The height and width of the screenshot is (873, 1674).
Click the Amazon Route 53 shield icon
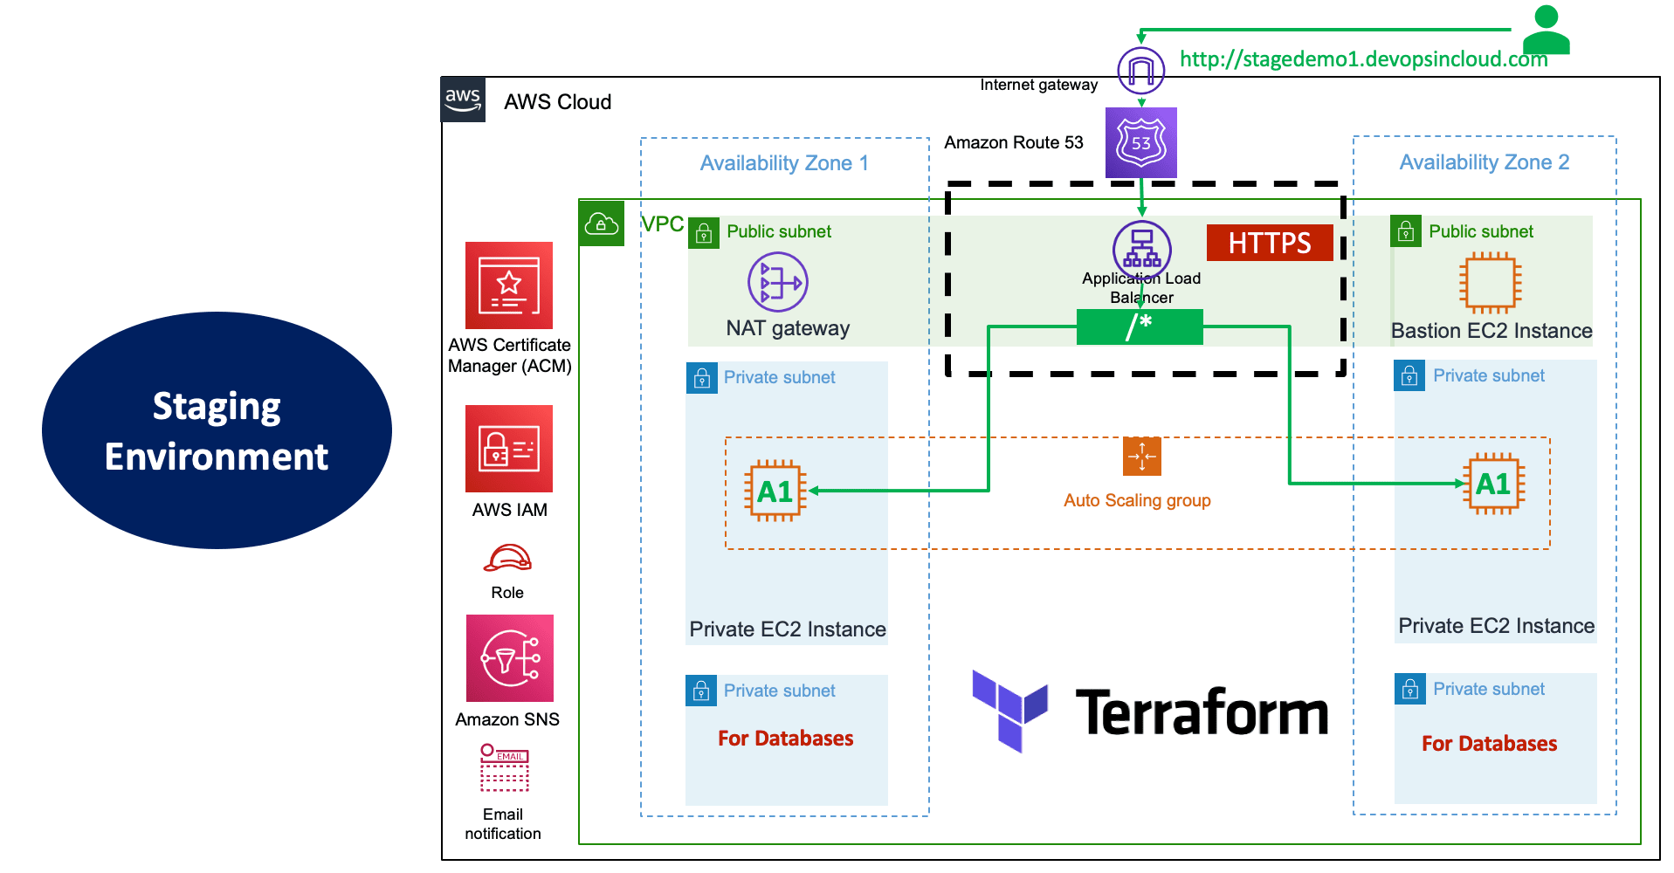pos(1140,142)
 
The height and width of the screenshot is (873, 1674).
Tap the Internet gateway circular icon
pos(1140,71)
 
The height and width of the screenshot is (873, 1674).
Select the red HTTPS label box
pos(1269,243)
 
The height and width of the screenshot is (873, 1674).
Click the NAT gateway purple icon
pos(777,282)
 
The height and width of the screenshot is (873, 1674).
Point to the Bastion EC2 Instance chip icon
pos(1490,283)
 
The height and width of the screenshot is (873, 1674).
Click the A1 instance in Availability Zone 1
pos(775,491)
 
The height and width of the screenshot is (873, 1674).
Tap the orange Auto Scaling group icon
pos(1141,457)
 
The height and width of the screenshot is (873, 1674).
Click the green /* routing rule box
pos(1139,327)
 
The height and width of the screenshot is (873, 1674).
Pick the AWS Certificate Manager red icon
pos(508,285)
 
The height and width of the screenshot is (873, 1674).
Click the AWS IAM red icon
pos(508,449)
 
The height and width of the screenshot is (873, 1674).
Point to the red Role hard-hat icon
pos(507,558)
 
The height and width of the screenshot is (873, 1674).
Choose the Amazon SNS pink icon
pos(509,658)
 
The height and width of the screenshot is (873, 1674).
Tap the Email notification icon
pos(504,767)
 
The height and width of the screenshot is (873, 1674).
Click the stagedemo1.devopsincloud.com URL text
pos(1362,59)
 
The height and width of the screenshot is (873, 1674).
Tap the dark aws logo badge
pos(463,100)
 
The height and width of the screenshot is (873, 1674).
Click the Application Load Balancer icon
pos(1141,248)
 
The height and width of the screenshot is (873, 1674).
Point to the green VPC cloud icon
pos(601,224)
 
